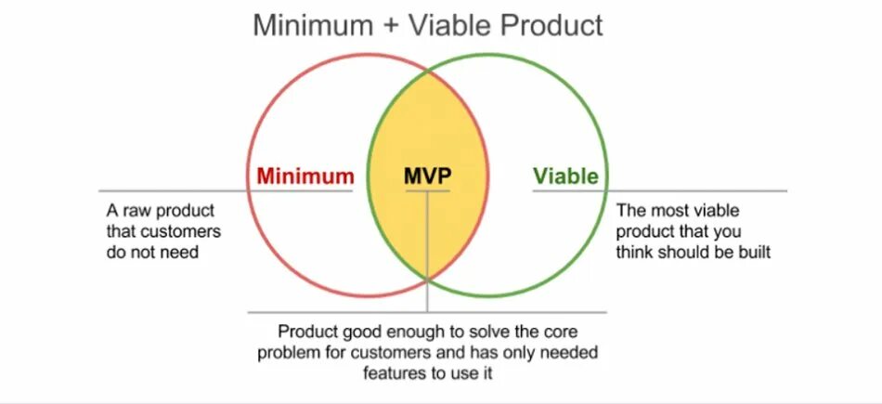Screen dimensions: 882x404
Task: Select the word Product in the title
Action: (x=551, y=25)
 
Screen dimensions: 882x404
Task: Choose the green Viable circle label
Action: (x=565, y=176)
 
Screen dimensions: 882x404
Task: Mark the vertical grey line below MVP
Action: (x=428, y=251)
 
